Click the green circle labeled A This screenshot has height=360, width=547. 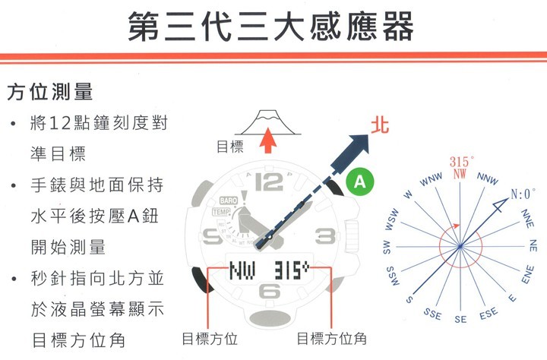click(359, 182)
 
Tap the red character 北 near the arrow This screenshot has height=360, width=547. click(380, 125)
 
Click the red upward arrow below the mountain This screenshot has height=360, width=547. click(268, 141)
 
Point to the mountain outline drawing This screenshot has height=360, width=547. click(267, 122)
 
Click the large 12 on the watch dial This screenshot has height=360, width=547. click(269, 182)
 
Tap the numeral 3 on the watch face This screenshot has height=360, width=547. click(325, 237)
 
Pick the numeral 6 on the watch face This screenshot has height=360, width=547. click(269, 291)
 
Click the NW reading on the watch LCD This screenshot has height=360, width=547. click(242, 270)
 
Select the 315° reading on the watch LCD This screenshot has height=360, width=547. click(292, 270)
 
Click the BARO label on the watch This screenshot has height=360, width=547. click(229, 201)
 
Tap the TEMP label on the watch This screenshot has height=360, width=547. click(221, 212)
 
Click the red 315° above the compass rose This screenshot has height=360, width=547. click(462, 162)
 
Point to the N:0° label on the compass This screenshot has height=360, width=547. click(523, 194)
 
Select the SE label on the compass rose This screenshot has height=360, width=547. click(460, 319)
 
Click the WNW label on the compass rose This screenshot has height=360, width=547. click(432, 179)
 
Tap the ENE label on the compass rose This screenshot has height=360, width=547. click(527, 274)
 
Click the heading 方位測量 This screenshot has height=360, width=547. click(50, 92)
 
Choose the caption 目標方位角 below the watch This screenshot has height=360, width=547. click(331, 339)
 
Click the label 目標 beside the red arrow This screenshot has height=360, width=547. click(230, 147)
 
